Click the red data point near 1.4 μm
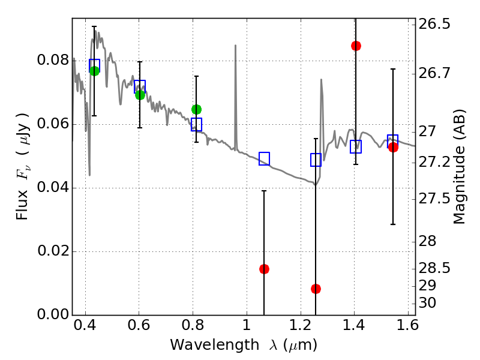tap(356, 46)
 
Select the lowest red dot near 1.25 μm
tap(316, 289)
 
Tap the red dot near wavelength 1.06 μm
tap(264, 269)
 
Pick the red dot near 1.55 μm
tap(393, 147)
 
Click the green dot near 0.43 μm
tap(94, 71)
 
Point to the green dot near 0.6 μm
tap(140, 95)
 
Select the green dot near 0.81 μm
tap(197, 109)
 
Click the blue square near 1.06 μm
tap(264, 158)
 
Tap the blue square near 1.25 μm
tap(316, 160)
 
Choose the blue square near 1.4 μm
tap(356, 146)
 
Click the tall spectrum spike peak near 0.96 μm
tap(235, 46)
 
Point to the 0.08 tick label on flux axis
tap(53, 60)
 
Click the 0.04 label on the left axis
tap(53, 187)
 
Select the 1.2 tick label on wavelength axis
tap(301, 325)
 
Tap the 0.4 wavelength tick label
tap(85, 325)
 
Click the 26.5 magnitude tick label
tap(434, 24)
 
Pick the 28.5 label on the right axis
tap(434, 268)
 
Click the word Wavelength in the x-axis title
tap(215, 345)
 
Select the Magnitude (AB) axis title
tap(458, 167)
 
